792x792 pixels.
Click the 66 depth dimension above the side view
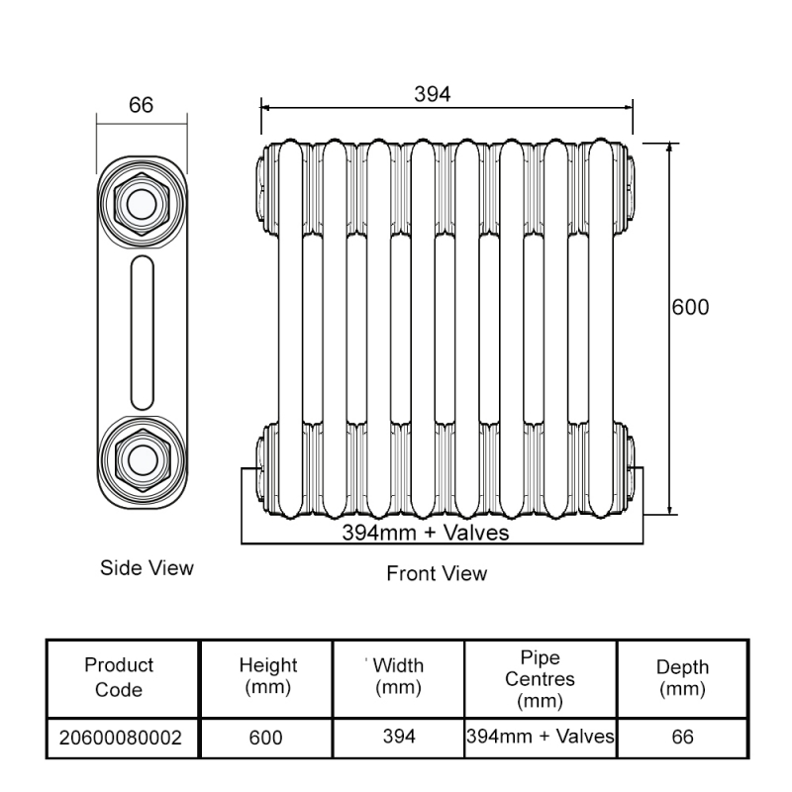point(142,106)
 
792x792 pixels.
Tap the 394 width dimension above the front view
point(432,94)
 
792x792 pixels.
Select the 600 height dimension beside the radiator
point(691,307)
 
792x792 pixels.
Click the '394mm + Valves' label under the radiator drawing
point(426,533)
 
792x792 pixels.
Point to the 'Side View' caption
point(147,568)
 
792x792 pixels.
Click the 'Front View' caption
point(437,573)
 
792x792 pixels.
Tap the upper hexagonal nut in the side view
point(142,204)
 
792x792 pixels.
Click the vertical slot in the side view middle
point(142,331)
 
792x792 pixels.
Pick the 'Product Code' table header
point(119,677)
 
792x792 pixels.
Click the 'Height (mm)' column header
point(267,677)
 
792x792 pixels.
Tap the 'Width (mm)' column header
point(399,677)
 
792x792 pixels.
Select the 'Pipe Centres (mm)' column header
point(540,680)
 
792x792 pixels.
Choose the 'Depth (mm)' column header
point(682,677)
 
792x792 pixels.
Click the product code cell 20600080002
point(120,738)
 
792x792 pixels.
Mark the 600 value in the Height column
point(266,738)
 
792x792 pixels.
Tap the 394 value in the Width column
point(399,737)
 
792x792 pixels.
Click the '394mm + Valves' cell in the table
point(541,737)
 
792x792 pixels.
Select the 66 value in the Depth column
point(682,738)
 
